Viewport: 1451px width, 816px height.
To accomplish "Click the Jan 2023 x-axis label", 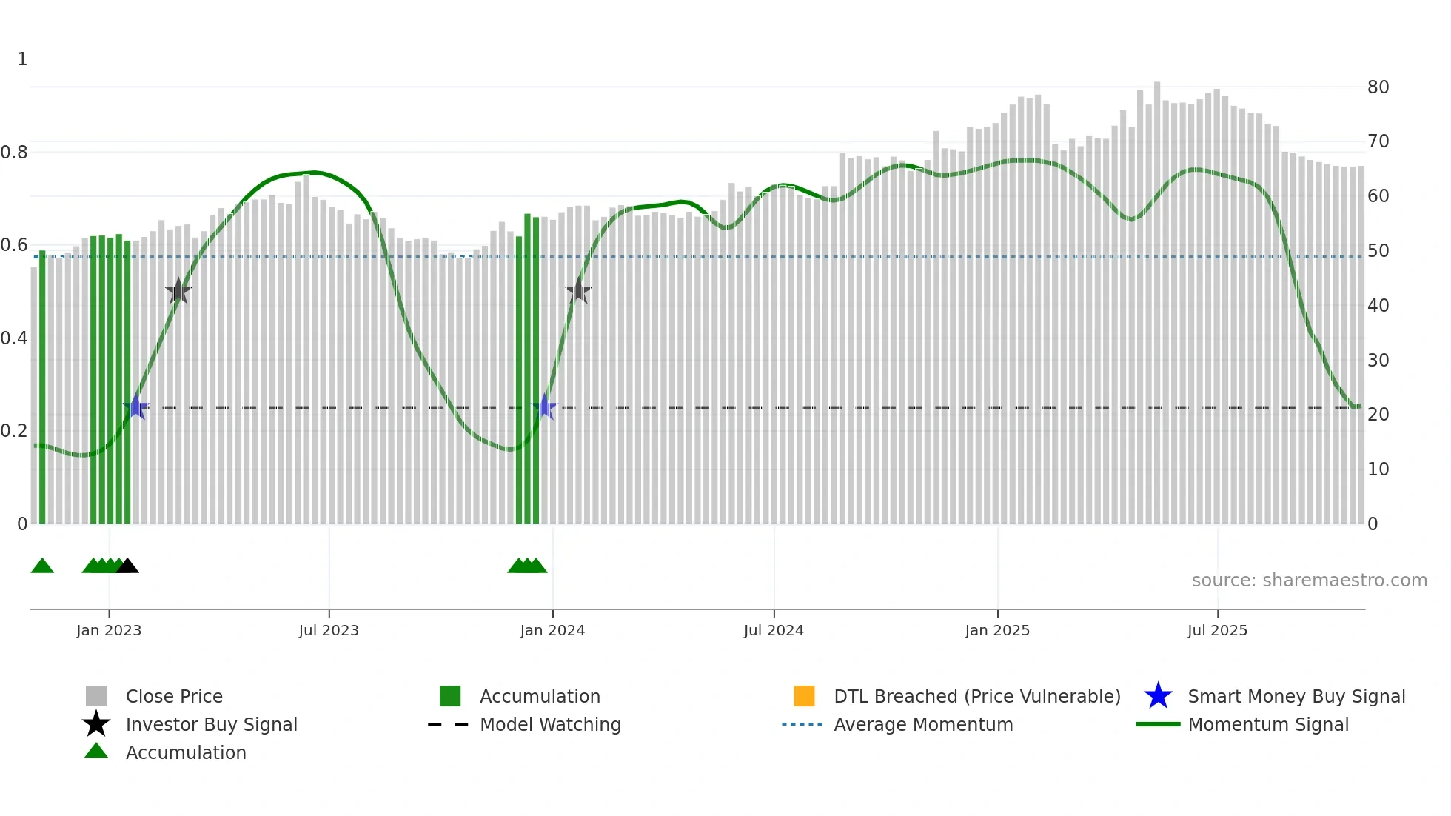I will click(x=109, y=630).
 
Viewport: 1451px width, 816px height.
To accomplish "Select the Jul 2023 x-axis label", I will click(x=329, y=630).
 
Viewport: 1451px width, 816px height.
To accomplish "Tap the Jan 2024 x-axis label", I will click(x=552, y=630).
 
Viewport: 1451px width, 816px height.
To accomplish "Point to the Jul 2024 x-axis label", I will click(x=774, y=630).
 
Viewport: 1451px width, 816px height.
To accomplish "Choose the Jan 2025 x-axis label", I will click(x=997, y=630).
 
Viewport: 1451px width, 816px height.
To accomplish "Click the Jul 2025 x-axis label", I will click(x=1217, y=630).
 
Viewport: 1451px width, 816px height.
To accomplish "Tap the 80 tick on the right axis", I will click(x=1378, y=87).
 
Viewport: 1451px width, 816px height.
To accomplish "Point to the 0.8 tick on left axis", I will click(x=14, y=153).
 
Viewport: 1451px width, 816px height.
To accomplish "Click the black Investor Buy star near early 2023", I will click(x=178, y=291).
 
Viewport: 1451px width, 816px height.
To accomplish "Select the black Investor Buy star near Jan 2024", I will click(x=578, y=291).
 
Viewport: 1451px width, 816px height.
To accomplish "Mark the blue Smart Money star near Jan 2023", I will click(x=136, y=407).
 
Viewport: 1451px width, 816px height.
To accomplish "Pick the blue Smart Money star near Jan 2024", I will click(x=545, y=407).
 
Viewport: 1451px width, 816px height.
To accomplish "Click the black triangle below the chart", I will click(x=127, y=566).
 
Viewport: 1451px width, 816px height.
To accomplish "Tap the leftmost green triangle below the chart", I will click(x=42, y=566).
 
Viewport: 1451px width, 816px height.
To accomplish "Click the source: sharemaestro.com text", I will click(x=1309, y=581).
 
